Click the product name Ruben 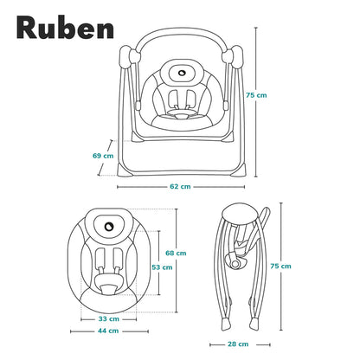[65, 28]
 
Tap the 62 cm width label [180, 187]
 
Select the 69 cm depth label [103, 156]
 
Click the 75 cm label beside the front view [256, 95]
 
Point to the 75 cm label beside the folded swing [280, 266]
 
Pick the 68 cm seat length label [176, 253]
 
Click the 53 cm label [162, 267]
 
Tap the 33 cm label [109, 319]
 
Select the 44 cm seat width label [108, 331]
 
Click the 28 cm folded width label [238, 344]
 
